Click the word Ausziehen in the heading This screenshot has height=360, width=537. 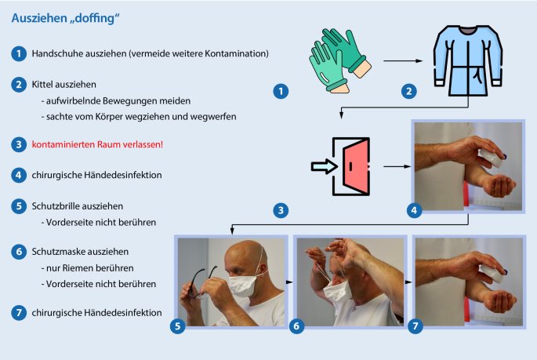pos(40,18)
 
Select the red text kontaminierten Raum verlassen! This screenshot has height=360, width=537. pos(97,144)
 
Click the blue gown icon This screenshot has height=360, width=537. pos(468,60)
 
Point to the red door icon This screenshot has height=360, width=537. pos(355,166)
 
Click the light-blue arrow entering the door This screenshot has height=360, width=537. pos(324,166)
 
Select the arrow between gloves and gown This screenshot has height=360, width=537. pos(403,60)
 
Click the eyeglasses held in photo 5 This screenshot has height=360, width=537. pos(199,283)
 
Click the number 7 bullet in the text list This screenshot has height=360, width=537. pos(19,313)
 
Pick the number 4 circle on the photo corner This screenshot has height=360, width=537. pos(414,210)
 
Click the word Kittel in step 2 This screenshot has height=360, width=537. pos(42,84)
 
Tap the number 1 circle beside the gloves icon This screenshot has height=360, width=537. pos(281,92)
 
